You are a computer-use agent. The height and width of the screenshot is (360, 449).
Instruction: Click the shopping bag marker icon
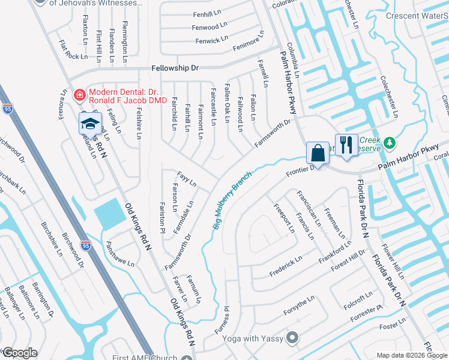pyautogui.click(x=318, y=153)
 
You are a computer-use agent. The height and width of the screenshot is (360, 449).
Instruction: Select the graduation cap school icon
pyautogui.click(x=89, y=124)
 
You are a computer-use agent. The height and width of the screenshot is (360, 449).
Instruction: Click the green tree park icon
pyautogui.click(x=390, y=143)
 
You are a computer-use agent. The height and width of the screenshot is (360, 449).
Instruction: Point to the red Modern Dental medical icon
pyautogui.click(x=79, y=95)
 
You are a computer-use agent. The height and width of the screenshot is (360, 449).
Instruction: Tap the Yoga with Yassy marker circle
pyautogui.click(x=292, y=338)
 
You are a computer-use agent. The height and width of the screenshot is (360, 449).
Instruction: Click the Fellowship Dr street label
pyautogui.click(x=175, y=68)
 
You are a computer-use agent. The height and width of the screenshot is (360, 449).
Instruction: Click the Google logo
pyautogui.click(x=19, y=353)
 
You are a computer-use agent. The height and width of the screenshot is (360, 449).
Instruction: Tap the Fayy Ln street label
pyautogui.click(x=186, y=179)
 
